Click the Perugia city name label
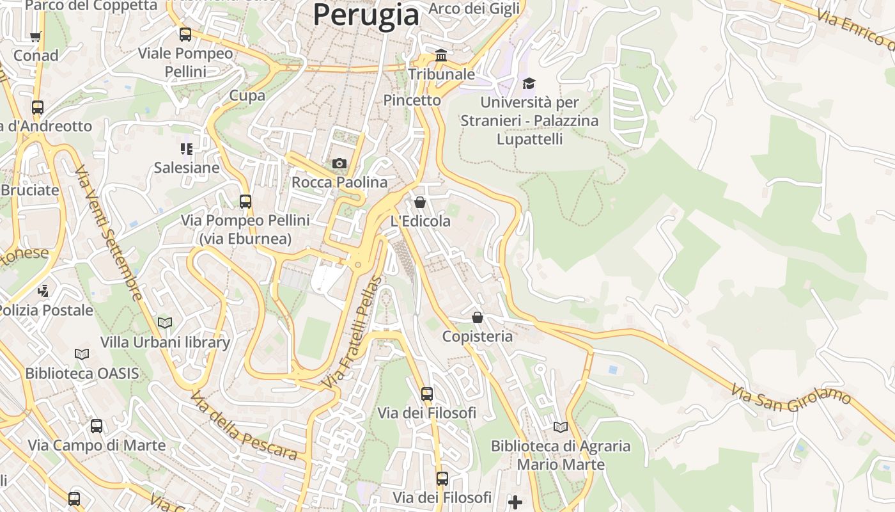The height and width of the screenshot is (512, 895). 366,15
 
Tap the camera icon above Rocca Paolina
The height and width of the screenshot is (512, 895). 339,164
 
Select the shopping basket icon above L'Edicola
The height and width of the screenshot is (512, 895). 420,203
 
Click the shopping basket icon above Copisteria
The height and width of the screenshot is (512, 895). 478,317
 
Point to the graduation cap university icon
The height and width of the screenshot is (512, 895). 529,83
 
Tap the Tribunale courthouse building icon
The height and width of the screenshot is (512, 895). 441,56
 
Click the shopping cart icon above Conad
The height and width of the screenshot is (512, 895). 36,36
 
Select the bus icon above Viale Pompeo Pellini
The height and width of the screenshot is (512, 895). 185,35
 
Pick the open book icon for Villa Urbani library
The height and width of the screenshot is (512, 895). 165,323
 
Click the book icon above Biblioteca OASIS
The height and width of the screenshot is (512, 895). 82,354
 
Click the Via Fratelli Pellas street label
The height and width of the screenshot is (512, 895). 352,333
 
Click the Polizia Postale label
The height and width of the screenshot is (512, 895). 46,310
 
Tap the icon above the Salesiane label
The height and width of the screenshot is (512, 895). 186,149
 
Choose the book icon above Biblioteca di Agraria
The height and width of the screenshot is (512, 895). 561,427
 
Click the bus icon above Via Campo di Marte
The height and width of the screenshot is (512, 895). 97,426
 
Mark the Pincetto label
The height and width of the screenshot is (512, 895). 412,100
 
